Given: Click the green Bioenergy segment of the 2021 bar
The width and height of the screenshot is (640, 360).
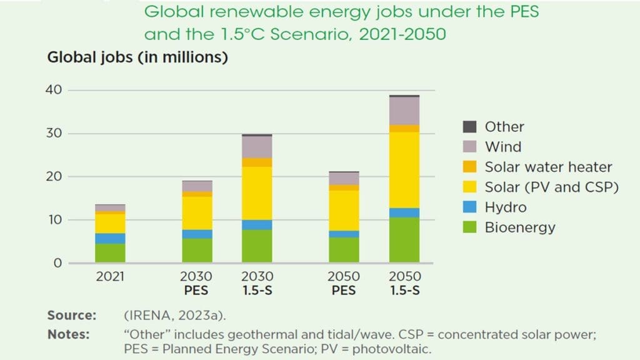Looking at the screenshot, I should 110,252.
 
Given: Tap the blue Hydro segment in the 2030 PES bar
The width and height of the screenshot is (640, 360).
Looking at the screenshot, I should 197,234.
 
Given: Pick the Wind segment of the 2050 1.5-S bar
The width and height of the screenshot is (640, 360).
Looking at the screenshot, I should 404,111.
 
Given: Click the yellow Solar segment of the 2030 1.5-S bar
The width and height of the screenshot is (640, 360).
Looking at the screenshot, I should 257,193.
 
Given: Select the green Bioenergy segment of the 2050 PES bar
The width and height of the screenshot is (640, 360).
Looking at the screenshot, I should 344,249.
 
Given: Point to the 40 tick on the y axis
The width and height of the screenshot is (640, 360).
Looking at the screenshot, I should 54,90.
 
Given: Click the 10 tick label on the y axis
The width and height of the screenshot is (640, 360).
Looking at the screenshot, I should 54,220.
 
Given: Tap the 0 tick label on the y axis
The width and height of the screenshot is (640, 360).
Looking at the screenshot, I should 57,263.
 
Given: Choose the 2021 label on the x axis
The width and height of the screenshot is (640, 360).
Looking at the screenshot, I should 110,277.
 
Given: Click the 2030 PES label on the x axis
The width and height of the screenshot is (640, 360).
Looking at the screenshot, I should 197,283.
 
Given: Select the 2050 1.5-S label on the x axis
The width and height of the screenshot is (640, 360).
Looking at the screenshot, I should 404,283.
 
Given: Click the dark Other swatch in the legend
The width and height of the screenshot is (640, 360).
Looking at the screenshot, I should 469,127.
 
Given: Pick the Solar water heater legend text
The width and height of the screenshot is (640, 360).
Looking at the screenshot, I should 548,167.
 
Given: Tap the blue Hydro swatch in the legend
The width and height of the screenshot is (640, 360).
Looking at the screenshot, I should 469,207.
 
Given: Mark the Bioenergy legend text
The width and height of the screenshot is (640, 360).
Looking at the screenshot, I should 520,227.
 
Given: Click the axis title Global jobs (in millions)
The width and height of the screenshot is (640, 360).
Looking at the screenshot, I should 137,58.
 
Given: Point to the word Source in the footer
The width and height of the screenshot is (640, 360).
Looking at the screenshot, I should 72,315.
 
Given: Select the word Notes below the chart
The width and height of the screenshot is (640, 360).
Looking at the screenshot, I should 69,334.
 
